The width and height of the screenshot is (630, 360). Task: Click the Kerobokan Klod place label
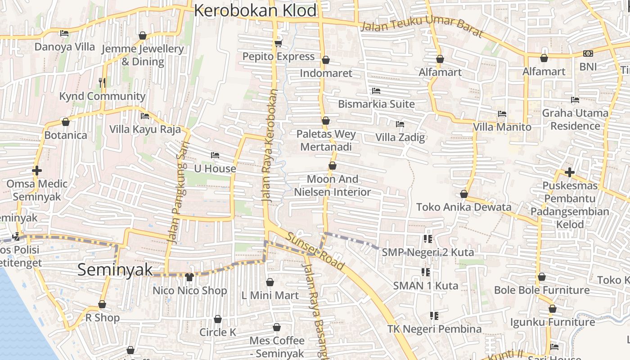[x=255, y=11]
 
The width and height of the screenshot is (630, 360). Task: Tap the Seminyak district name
[x=115, y=270]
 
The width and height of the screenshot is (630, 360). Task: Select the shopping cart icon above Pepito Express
[x=278, y=43]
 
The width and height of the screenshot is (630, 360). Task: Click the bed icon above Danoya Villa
[x=64, y=33]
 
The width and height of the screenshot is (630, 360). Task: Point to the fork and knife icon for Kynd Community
[x=102, y=82]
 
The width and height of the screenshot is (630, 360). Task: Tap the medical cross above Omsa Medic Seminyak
[x=37, y=171]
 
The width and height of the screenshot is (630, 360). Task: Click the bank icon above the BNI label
[x=588, y=54]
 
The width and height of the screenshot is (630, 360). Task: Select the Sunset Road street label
[x=315, y=252]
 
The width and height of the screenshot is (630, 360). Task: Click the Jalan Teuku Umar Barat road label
[x=422, y=28]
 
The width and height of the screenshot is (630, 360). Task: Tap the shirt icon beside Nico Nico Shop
[x=189, y=277]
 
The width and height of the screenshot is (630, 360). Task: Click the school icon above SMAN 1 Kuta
[x=425, y=272]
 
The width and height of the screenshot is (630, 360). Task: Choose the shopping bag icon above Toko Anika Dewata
[x=464, y=194]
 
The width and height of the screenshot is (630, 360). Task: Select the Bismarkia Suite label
[x=376, y=104]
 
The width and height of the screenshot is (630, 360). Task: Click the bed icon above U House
[x=215, y=155]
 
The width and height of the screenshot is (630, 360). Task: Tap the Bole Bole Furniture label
[x=542, y=290]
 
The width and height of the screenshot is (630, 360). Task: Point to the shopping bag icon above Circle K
[x=218, y=319]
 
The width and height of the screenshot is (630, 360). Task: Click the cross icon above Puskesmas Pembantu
[x=570, y=172]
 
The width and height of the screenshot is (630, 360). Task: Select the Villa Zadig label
[x=400, y=137]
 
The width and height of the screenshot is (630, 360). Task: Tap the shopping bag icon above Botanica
[x=66, y=122]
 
